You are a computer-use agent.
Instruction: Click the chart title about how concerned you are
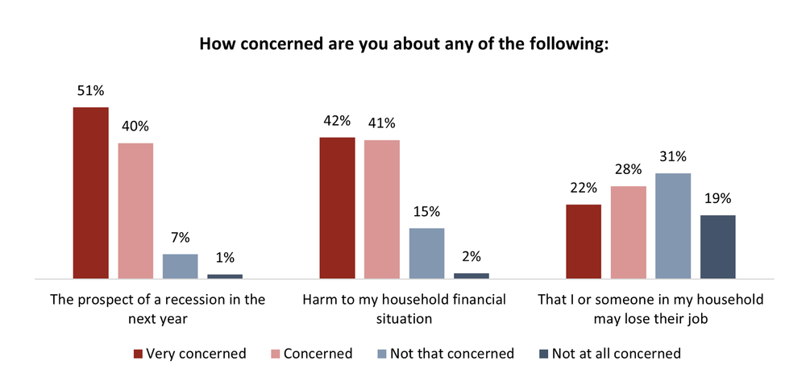coord(403,44)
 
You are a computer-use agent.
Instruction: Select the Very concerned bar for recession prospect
coord(90,193)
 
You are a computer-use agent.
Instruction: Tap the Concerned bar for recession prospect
coord(135,210)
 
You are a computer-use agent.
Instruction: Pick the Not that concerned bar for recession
coord(180,266)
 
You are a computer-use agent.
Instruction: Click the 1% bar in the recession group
coord(225,276)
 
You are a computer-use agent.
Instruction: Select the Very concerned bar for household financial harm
coord(337,208)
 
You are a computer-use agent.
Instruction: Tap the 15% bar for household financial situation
coord(426,253)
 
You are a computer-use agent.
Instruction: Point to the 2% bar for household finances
coord(472,276)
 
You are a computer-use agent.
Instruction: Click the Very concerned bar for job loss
coord(584,241)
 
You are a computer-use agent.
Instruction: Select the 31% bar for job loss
coord(673,226)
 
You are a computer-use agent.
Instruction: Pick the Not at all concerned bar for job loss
coord(718,247)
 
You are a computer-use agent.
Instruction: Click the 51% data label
coord(90,90)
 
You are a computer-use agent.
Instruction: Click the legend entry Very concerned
coord(189,353)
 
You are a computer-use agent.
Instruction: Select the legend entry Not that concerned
coord(447,353)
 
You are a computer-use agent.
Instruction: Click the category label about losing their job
coord(650,309)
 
